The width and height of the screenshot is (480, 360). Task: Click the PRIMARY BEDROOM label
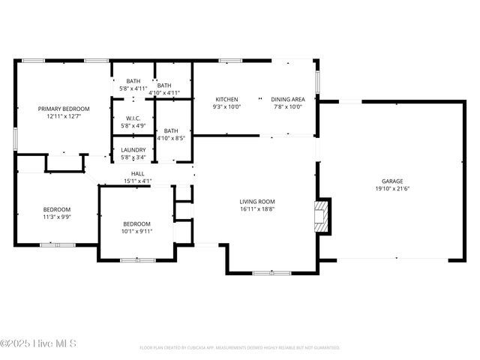pyautogui.click(x=64, y=108)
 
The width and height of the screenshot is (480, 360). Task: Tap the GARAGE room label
pyautogui.click(x=392, y=181)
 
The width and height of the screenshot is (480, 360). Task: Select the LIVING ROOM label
pyautogui.click(x=257, y=201)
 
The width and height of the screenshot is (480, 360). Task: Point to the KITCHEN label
pyautogui.click(x=226, y=99)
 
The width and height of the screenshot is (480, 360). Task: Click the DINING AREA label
pyautogui.click(x=288, y=99)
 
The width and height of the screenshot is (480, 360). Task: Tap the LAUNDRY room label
pyautogui.click(x=133, y=149)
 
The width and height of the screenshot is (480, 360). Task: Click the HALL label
pyautogui.click(x=137, y=172)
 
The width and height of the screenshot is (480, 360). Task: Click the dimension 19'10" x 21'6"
pyautogui.click(x=392, y=189)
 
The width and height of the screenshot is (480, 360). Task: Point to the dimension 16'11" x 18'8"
pyautogui.click(x=257, y=209)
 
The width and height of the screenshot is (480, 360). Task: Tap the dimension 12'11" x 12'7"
pyautogui.click(x=64, y=116)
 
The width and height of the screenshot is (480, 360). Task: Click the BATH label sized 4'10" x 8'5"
pyautogui.click(x=171, y=130)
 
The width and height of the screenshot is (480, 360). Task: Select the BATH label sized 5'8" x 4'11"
pyautogui.click(x=133, y=81)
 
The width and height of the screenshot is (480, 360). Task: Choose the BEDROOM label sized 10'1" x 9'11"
pyautogui.click(x=137, y=223)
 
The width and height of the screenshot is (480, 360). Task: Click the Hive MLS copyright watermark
pyautogui.click(x=38, y=344)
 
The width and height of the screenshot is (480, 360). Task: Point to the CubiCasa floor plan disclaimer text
pyautogui.click(x=239, y=347)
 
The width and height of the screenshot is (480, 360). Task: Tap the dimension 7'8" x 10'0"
pyautogui.click(x=288, y=107)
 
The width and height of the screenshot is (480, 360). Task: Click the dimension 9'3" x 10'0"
pyautogui.click(x=226, y=107)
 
